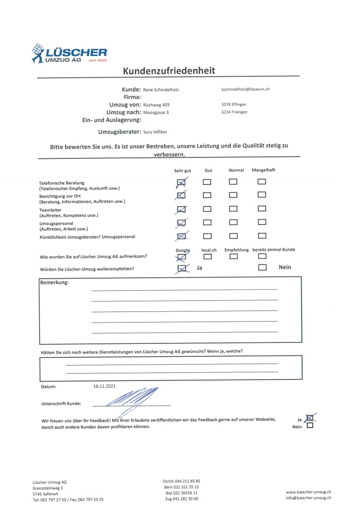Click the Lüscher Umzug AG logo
tap(69, 53)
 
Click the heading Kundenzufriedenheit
tap(169, 71)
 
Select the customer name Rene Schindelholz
tap(161, 90)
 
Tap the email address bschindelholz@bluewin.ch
tap(245, 89)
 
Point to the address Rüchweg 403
tap(157, 105)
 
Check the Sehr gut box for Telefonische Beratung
tap(182, 182)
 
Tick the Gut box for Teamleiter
tap(207, 209)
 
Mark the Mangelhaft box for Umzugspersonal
tap(262, 223)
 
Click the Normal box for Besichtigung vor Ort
tap(233, 195)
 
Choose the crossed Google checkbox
tap(182, 257)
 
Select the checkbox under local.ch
tap(207, 256)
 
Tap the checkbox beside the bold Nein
tap(262, 267)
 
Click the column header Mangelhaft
tap(263, 170)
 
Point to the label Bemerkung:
tap(54, 283)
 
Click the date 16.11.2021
tap(104, 386)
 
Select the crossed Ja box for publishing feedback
tap(310, 418)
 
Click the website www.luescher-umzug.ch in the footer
tap(308, 492)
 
